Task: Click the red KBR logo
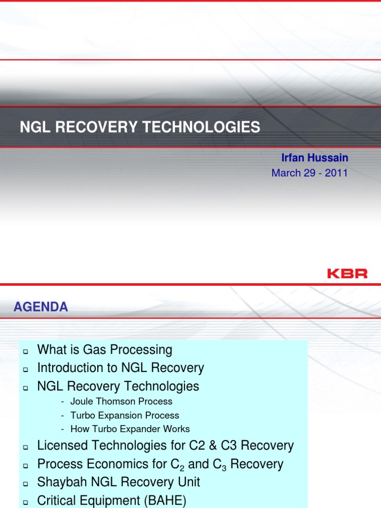pos(347,273)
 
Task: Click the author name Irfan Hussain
pos(315,158)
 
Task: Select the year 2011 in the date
pos(336,173)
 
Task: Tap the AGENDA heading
pos(41,307)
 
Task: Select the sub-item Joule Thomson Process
pos(121,401)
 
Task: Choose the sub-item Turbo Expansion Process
pos(125,415)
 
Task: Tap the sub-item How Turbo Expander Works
pos(130,429)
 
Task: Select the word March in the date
pos(286,173)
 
